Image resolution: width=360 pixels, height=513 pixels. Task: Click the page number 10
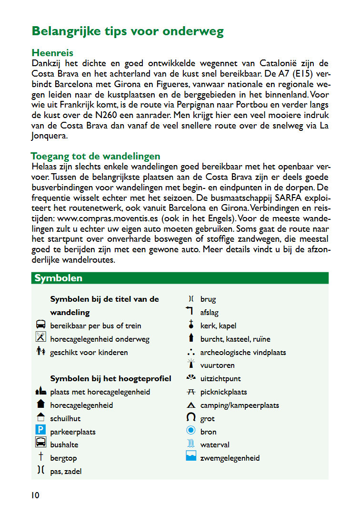[36, 495]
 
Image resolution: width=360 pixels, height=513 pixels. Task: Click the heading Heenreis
[52, 53]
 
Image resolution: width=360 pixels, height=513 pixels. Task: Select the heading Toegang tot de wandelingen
[95, 156]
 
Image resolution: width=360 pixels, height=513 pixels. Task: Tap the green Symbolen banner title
[59, 278]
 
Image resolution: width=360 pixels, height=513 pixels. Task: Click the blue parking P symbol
[40, 432]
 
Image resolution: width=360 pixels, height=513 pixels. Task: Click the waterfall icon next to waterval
[191, 444]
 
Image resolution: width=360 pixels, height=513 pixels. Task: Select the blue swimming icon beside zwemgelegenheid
[191, 457]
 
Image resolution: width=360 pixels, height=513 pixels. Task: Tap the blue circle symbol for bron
[191, 431]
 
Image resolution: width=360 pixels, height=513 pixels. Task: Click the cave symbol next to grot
[191, 418]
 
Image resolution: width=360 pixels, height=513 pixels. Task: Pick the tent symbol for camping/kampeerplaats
[191, 405]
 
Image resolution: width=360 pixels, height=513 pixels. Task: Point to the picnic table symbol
[191, 392]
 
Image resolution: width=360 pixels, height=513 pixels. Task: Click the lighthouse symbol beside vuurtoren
[191, 365]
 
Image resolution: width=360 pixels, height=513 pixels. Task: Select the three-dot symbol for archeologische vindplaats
[191, 353]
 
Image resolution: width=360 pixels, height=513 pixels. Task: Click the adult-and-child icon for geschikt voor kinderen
[40, 352]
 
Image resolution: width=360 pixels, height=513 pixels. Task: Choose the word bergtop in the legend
[63, 458]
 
